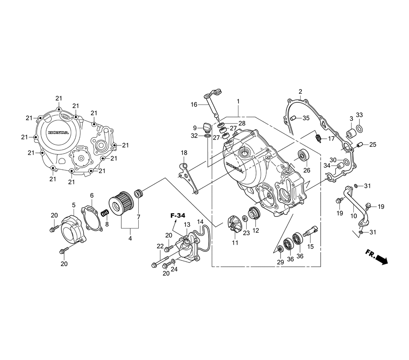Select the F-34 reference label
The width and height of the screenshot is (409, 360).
pos(178,216)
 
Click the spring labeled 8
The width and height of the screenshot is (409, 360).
pos(104,213)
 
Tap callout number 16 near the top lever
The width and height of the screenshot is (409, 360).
pos(194,105)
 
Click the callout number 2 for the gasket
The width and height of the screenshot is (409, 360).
pos(300,91)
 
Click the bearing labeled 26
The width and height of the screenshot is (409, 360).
pos(303,156)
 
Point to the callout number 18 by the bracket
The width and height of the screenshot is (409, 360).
pos(184,153)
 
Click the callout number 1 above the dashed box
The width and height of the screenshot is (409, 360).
pos(238,101)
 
